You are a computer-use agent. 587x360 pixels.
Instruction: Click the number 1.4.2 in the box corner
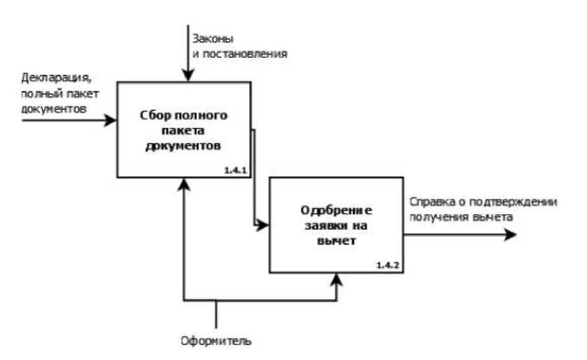click(x=387, y=266)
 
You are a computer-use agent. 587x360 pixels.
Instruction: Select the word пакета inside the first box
click(x=184, y=131)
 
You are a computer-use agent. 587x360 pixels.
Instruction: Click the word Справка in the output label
click(x=429, y=202)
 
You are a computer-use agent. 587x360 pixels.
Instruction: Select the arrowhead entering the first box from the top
click(x=186, y=77)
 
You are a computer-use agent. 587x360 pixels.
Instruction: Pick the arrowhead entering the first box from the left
click(x=112, y=120)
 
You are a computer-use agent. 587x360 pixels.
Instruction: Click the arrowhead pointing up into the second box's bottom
click(x=337, y=279)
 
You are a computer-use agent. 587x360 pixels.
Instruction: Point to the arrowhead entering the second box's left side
click(x=264, y=226)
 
